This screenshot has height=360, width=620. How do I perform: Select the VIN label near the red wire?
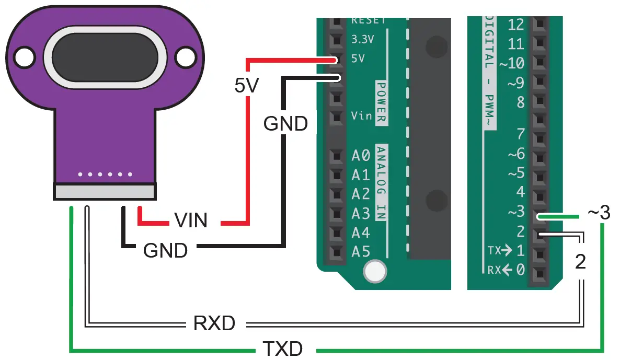pos(191,220)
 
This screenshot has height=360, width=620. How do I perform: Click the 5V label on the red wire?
pos(246,85)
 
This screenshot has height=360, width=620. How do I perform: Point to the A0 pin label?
pos(361,155)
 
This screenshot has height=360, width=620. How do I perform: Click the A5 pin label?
pos(361,252)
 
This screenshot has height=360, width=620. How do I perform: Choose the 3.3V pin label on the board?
pos(363,39)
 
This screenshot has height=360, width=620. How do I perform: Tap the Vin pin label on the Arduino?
pos(361,115)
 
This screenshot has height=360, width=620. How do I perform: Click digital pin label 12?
pos(515,24)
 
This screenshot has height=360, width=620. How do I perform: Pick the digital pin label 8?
pos(520,102)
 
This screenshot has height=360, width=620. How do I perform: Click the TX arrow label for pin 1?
pos(499,251)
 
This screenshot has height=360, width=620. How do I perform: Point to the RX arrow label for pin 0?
pos(499,270)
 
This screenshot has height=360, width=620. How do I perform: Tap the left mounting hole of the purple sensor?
pos(23,56)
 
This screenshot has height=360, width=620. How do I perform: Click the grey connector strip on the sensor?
pos(105,191)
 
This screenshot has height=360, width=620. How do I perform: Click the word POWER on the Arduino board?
pos(381,102)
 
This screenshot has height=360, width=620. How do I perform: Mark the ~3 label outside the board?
pos(599,213)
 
